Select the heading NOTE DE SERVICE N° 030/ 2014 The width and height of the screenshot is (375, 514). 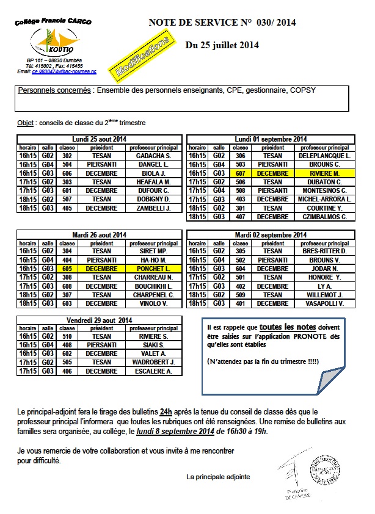pos(222,23)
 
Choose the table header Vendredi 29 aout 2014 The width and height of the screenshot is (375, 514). pos(99,320)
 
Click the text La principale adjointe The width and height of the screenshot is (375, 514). pos(219,476)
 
